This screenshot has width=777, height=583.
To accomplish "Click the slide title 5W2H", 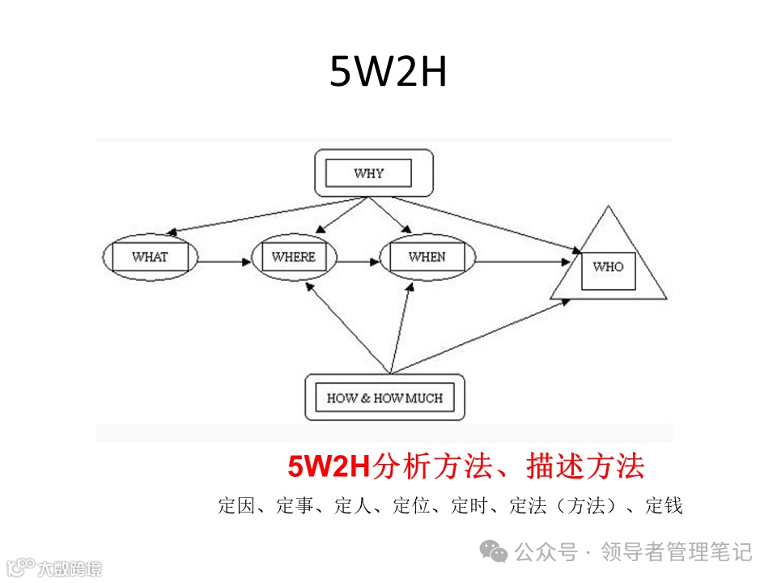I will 388,73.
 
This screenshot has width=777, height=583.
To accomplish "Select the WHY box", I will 368,173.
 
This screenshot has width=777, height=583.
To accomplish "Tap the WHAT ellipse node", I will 150,257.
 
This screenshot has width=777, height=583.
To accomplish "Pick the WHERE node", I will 293,257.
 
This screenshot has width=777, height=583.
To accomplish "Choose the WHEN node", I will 427,257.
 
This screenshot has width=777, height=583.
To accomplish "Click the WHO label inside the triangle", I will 608,266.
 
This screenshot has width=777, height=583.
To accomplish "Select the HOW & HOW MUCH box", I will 384,398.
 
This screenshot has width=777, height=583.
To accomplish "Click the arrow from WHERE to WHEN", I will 359,262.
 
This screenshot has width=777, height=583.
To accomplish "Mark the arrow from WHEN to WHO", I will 526,262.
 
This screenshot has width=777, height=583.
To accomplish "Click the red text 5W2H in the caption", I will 329,467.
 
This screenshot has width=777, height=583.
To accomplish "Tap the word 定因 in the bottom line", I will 237,507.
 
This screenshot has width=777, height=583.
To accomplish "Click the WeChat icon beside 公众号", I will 494,552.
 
